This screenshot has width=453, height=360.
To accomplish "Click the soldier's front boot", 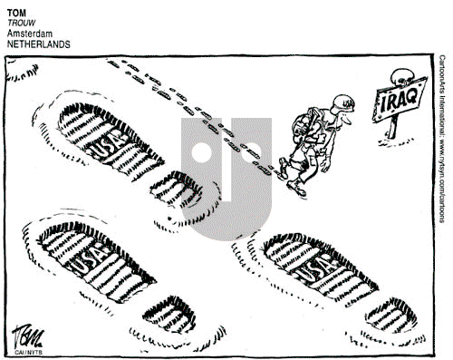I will click(x=295, y=185).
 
